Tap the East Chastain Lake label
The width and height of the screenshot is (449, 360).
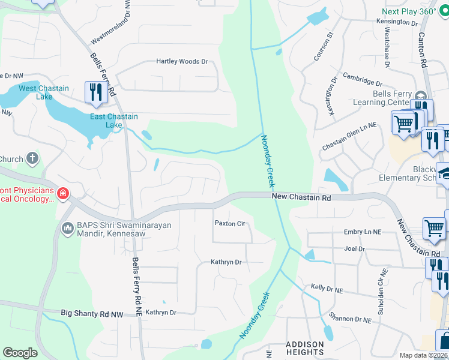point(114,121)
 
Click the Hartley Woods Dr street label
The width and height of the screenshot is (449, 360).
point(182,61)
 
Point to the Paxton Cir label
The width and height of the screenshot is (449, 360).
point(231,223)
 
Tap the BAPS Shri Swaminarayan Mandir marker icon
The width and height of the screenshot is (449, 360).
point(67,228)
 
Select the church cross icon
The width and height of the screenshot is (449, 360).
point(32,159)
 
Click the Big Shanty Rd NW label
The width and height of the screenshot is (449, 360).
point(92,313)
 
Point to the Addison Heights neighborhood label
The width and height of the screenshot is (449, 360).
point(304,348)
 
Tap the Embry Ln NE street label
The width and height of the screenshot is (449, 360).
point(363,232)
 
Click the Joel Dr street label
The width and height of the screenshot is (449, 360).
point(354,248)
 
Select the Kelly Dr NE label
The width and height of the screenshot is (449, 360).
point(327,289)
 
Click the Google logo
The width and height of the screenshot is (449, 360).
point(20,353)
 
